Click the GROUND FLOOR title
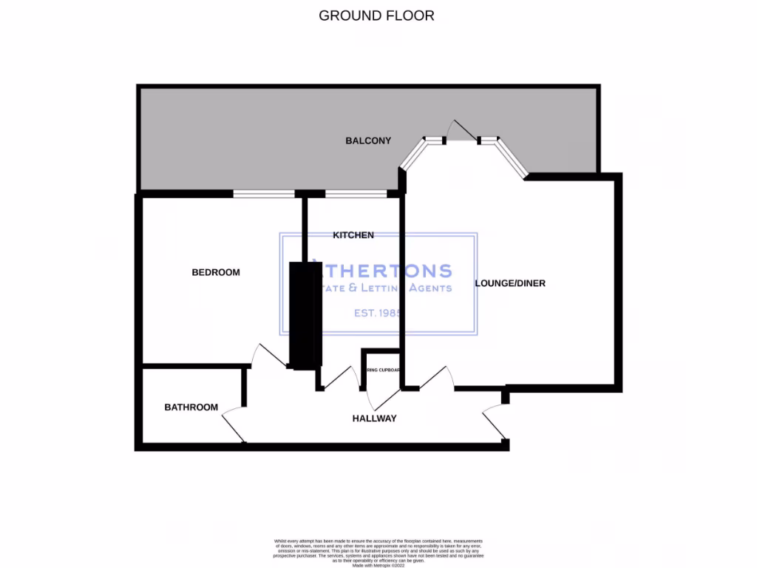(x=376, y=15)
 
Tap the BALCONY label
(x=368, y=141)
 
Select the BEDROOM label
(x=216, y=272)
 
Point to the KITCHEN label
(x=353, y=235)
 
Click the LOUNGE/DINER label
(x=510, y=283)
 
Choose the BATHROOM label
(x=191, y=408)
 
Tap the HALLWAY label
(x=374, y=419)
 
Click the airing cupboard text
(x=382, y=370)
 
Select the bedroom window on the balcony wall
(x=263, y=195)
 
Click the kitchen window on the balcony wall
(x=356, y=195)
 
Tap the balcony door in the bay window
(x=463, y=132)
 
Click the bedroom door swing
(x=266, y=356)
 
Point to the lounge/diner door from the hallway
(x=436, y=378)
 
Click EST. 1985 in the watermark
(x=377, y=314)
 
